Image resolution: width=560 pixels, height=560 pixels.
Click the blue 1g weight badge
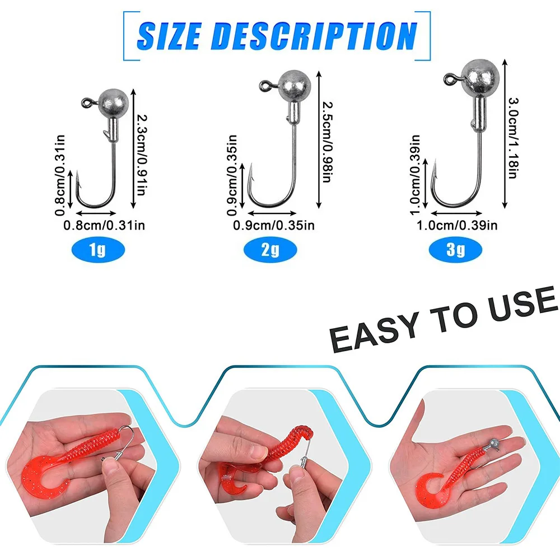click(98, 250)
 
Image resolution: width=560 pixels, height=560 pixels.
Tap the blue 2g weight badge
click(270, 250)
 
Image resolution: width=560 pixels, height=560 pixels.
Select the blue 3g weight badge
click(455, 250)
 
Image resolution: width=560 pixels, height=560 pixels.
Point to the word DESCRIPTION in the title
click(314, 36)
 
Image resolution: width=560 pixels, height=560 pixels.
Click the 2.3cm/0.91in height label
click(142, 155)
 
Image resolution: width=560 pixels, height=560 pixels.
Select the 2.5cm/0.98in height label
click(328, 142)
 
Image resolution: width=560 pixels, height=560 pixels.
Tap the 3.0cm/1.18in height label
click(513, 138)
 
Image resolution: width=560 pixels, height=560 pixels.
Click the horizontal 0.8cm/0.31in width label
click(104, 225)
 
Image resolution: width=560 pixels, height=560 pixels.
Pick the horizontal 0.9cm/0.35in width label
click(274, 225)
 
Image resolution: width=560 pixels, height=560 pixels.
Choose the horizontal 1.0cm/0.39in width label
click(457, 225)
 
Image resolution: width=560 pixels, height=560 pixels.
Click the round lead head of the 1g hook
click(113, 104)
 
